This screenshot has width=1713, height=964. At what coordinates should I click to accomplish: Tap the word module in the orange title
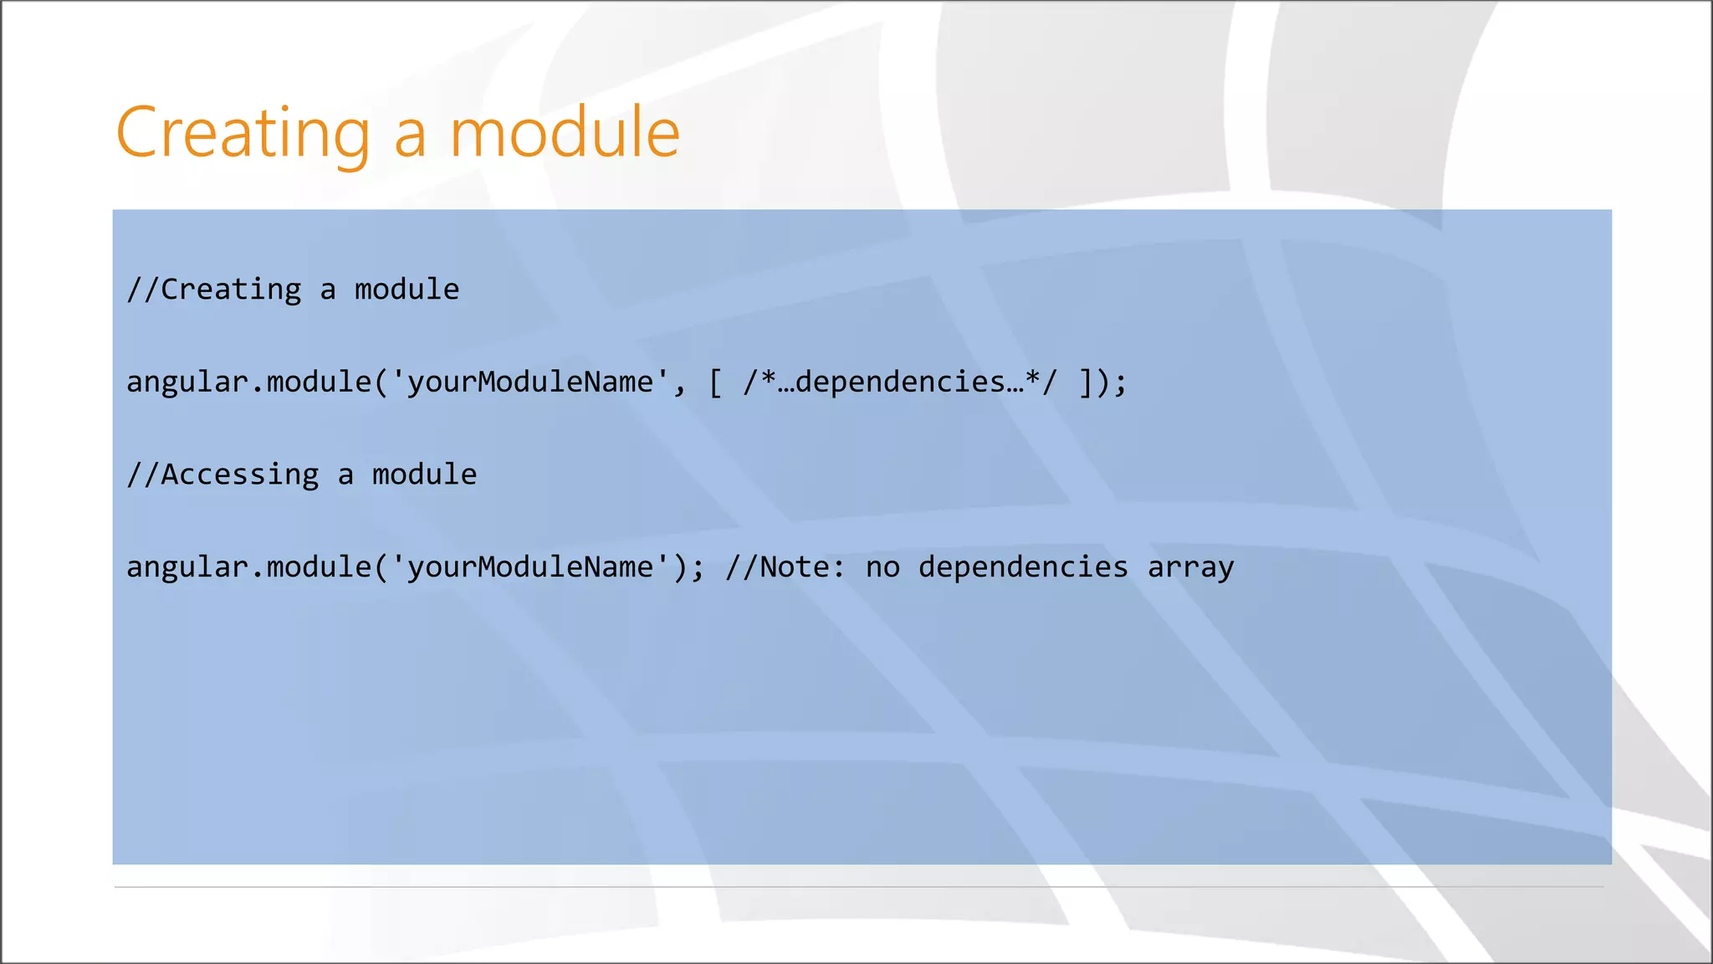[x=565, y=132]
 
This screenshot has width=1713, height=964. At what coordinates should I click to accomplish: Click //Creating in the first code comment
[x=214, y=290]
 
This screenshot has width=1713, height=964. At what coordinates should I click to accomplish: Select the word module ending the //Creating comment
[x=407, y=290]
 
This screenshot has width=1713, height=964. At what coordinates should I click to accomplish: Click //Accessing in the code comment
[x=222, y=474]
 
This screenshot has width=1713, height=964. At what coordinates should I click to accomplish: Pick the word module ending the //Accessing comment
[x=424, y=474]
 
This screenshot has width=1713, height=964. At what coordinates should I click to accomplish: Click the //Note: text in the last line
[x=785, y=567]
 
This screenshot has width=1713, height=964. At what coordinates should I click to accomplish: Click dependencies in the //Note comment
[x=1023, y=567]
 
